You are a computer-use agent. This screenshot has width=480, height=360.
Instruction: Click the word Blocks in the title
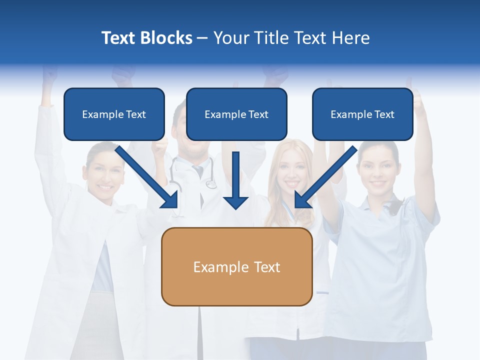coord(165,38)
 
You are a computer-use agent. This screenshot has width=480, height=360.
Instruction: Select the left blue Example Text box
coord(114,114)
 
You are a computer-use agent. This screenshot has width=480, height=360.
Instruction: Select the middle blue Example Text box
coord(236,114)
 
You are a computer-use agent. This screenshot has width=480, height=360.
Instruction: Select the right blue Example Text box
coord(362,114)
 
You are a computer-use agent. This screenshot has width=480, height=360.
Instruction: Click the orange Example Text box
coord(236,267)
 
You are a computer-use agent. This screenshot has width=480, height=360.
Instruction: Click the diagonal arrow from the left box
coord(147,177)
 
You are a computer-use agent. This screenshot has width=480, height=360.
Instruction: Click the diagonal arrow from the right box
coord(325,177)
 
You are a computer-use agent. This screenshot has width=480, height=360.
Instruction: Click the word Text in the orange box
coord(267,267)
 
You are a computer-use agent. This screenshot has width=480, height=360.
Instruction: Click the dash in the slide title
coord(202,38)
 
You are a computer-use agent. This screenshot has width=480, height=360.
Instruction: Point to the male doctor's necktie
coord(198,172)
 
